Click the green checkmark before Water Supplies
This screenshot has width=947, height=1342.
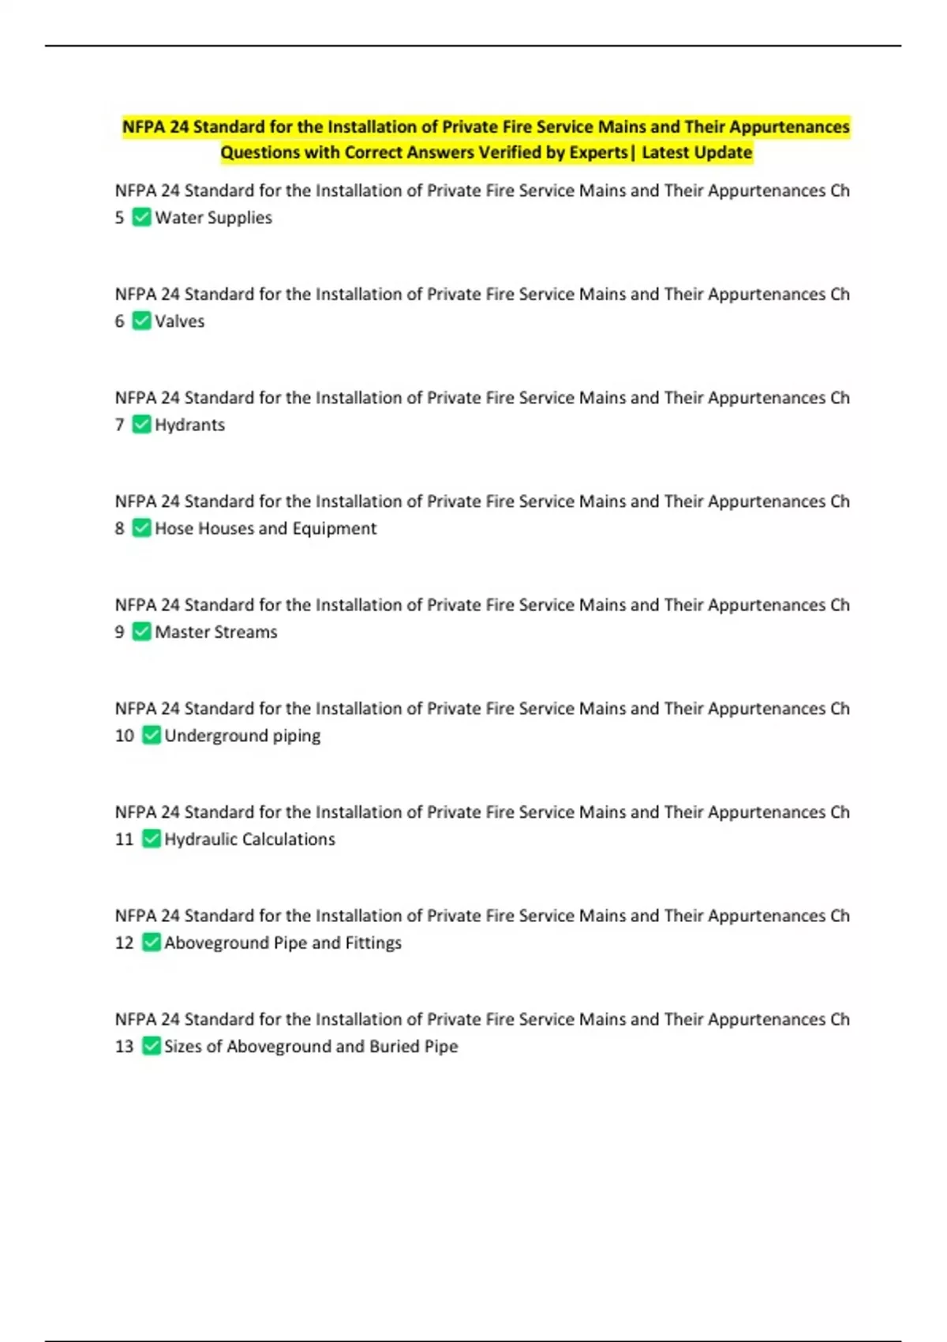point(141,217)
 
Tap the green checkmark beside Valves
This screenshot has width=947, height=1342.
point(141,321)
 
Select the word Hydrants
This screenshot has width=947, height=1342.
point(189,425)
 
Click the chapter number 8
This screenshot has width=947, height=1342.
point(119,528)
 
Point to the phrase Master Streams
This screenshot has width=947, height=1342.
point(215,632)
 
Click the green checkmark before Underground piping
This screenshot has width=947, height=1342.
point(151,735)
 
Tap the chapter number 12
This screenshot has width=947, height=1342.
point(124,943)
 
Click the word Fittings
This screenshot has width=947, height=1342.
point(373,943)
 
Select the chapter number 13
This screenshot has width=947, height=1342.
point(124,1046)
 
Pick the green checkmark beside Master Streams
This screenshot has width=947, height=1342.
point(141,632)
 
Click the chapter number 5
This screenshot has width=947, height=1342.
point(119,217)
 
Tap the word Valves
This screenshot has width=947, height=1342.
point(179,321)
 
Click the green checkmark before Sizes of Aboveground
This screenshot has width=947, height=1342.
point(151,1046)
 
